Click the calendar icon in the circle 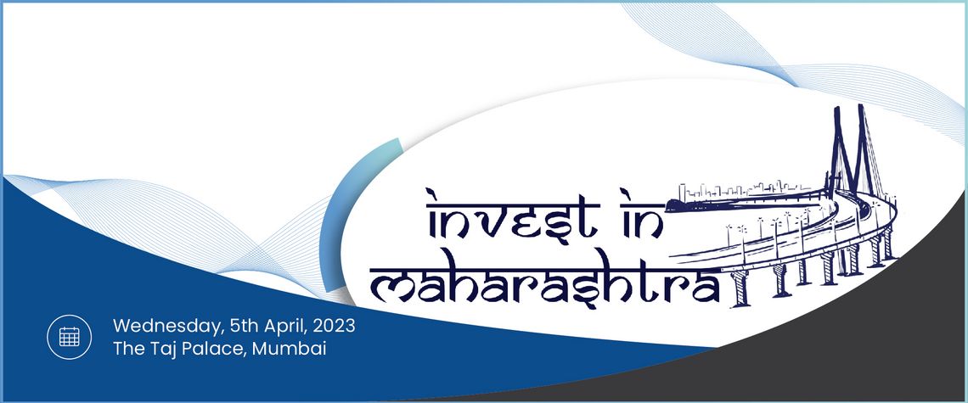coord(69,337)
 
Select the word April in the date coord(287,326)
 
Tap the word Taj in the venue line coord(162,350)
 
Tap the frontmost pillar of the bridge coord(740,288)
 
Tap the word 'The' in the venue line coord(128,349)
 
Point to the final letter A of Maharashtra coord(706,288)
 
